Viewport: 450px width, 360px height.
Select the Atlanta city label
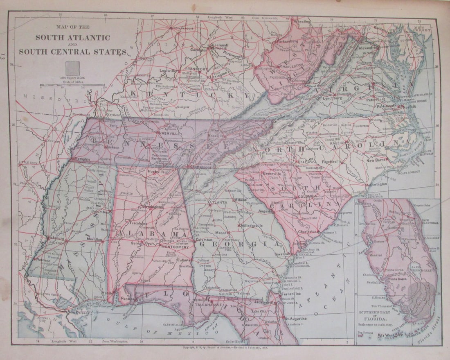click(219, 202)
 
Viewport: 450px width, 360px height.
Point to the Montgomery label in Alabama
click(175, 247)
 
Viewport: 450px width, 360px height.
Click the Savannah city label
click(282, 254)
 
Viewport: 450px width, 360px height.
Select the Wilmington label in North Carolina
click(376, 184)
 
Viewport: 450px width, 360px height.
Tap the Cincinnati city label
click(219, 45)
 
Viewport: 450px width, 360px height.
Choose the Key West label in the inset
click(386, 335)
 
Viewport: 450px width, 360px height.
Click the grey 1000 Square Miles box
click(73, 68)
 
